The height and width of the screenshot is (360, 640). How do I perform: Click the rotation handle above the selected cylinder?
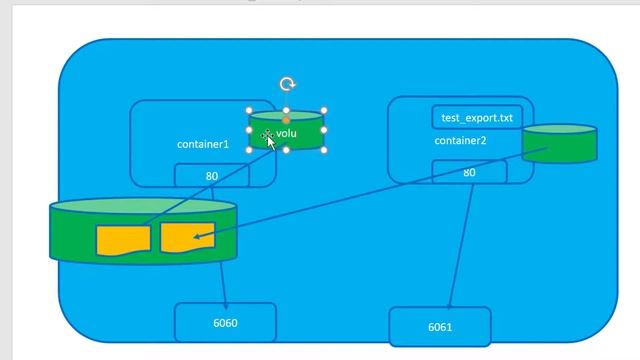point(287,85)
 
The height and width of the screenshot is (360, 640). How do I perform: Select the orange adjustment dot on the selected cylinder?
point(287,120)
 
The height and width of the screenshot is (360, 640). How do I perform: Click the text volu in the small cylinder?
point(287,133)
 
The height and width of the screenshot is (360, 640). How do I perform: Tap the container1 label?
point(203,145)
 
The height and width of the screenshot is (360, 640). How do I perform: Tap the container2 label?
point(460,141)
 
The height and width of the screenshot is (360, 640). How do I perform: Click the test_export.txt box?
point(477,118)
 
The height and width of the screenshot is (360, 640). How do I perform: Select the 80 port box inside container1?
point(212,176)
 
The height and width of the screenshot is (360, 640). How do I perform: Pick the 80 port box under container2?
point(469,173)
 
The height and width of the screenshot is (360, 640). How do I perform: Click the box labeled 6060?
point(225,323)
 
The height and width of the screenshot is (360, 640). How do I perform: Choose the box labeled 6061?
point(440,327)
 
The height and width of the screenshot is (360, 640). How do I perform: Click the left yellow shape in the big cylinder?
point(123,240)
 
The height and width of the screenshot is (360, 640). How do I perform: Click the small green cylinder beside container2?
point(559,145)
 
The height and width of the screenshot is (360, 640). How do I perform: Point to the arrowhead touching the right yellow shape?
point(197,237)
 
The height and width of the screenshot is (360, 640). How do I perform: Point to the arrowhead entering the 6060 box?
point(225,306)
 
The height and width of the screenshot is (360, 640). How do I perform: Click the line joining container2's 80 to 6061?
point(460,245)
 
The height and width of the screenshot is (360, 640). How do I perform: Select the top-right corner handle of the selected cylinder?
point(324,111)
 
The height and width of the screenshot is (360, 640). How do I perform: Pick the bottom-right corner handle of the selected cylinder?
point(324,150)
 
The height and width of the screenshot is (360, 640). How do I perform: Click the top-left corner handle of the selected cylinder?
point(250,111)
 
